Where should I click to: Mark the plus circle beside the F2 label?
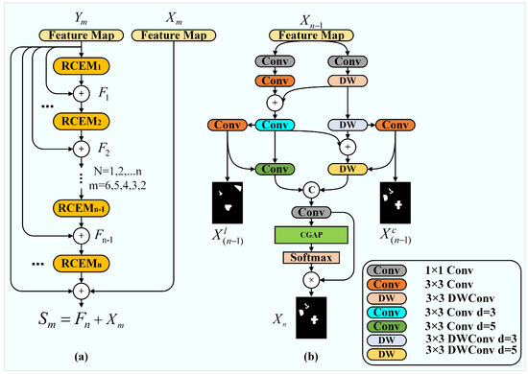[94, 151]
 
